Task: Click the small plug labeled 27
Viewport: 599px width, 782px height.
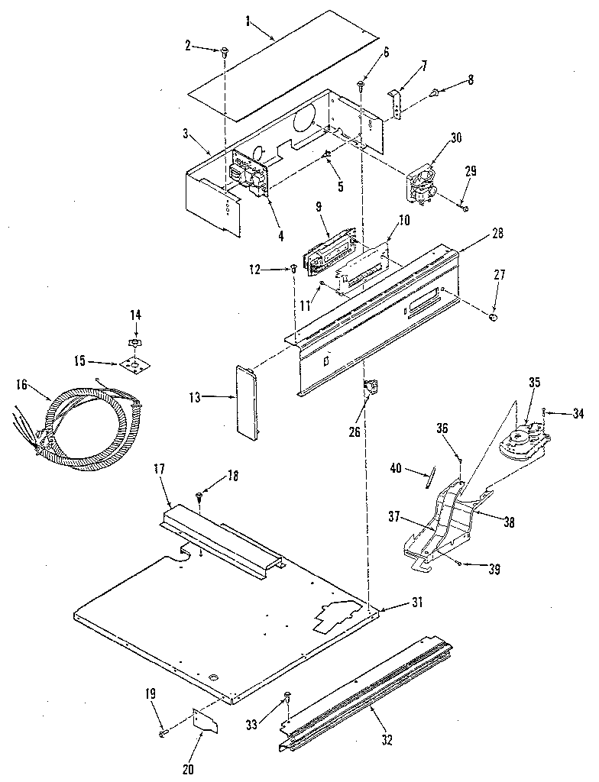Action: pos(494,314)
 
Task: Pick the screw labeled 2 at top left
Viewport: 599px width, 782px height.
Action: pos(224,52)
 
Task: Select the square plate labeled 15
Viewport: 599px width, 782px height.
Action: pos(134,366)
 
